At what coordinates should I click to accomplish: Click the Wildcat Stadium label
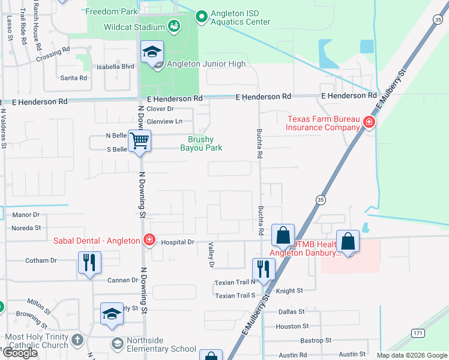125,27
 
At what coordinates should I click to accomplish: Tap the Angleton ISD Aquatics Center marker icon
201,16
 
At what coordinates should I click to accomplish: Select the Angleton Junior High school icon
152,53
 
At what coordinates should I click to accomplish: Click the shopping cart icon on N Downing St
140,142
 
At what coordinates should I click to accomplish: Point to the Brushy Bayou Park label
201,143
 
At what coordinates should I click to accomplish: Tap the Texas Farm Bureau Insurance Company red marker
369,124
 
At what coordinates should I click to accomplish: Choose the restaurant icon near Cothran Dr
89,262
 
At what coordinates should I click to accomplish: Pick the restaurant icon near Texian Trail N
263,269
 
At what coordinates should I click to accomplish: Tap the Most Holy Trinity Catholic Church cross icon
77,340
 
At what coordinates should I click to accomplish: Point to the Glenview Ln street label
164,121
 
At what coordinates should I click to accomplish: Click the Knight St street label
289,290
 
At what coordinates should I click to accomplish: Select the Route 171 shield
418,332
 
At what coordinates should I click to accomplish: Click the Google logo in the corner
20,353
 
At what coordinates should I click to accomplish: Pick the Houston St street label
292,326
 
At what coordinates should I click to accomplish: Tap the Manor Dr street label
25,214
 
